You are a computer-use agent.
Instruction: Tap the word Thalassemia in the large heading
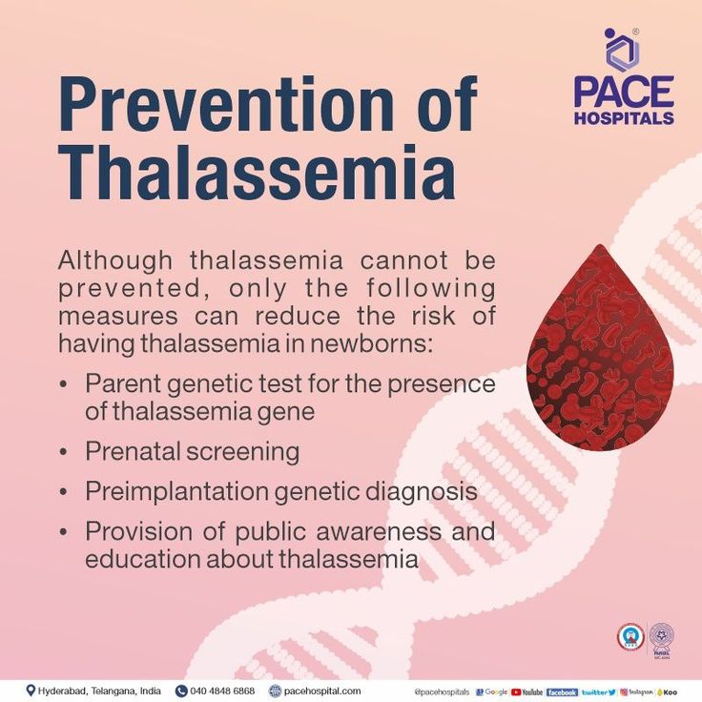256,174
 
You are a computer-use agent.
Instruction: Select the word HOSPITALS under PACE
624,118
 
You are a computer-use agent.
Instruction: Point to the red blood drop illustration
600,358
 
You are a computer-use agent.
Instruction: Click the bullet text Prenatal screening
192,451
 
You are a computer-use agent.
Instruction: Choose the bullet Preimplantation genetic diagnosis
280,491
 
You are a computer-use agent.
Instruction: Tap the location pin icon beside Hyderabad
31,691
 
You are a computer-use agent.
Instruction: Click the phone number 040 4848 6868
222,691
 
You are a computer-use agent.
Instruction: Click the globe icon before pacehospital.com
276,691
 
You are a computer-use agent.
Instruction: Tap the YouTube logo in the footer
526,692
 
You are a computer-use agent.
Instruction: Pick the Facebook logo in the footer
562,692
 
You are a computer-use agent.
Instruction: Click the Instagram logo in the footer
637,692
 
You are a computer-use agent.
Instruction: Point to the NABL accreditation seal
661,637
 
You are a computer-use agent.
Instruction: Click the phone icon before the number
181,691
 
